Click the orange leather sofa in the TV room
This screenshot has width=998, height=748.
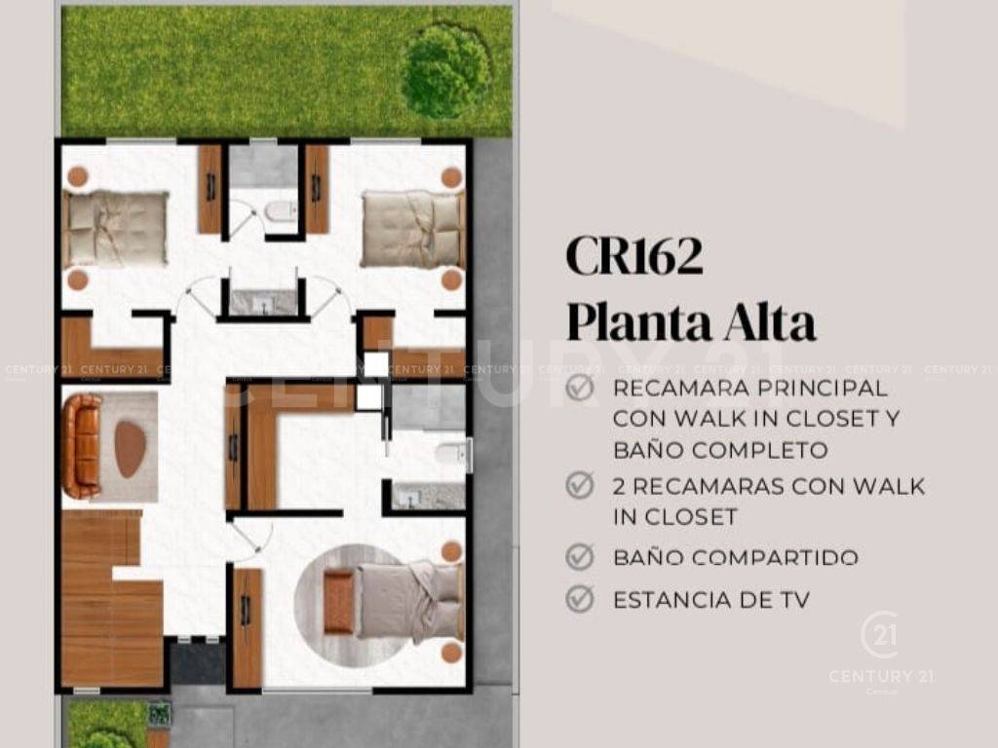82,446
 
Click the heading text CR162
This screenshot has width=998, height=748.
633,256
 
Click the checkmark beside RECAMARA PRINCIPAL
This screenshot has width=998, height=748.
579,388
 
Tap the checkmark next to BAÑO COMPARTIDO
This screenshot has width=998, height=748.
579,557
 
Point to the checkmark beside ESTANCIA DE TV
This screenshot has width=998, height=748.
579,599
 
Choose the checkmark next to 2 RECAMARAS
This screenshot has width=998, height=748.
579,485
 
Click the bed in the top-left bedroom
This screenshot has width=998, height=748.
115,228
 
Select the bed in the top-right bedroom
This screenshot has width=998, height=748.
413,229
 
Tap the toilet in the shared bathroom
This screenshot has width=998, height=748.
280,211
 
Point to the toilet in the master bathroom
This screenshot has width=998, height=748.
452,454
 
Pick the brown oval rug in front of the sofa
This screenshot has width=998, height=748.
130,449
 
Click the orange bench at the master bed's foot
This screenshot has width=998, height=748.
338,602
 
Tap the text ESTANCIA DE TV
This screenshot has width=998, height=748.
710,600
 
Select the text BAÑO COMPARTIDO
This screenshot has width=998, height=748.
735,558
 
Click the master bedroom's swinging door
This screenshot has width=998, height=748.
254,538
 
